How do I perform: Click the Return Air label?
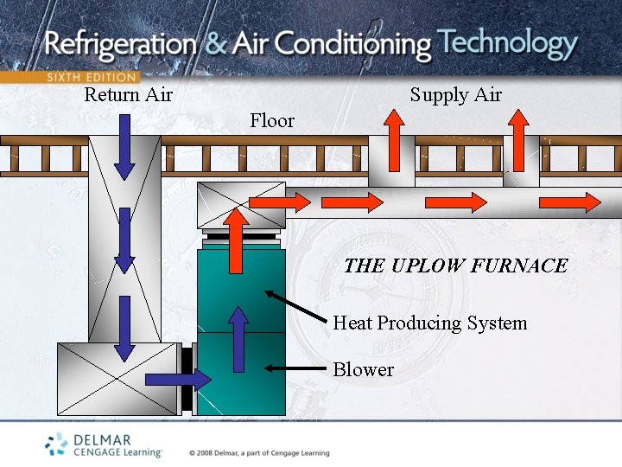(128, 94)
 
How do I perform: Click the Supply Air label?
(455, 94)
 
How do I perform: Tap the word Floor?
(272, 120)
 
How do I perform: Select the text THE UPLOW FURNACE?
(455, 265)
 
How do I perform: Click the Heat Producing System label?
(429, 323)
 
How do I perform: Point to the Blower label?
(363, 369)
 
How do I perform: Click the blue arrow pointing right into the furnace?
(178, 379)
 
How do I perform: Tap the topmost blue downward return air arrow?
(125, 149)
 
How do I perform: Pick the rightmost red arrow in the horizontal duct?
(569, 202)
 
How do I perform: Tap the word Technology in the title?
(507, 42)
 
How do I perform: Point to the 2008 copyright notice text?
(259, 452)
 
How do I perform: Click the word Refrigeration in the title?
(122, 44)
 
